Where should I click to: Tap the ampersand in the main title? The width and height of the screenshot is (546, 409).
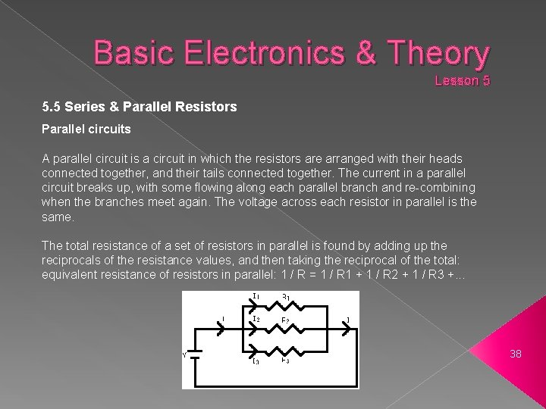coord(362,54)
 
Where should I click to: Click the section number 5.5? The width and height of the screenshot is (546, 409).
coord(51,108)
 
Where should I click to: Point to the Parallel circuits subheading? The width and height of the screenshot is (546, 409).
coord(86,130)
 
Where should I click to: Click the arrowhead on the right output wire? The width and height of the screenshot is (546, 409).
coord(347,329)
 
